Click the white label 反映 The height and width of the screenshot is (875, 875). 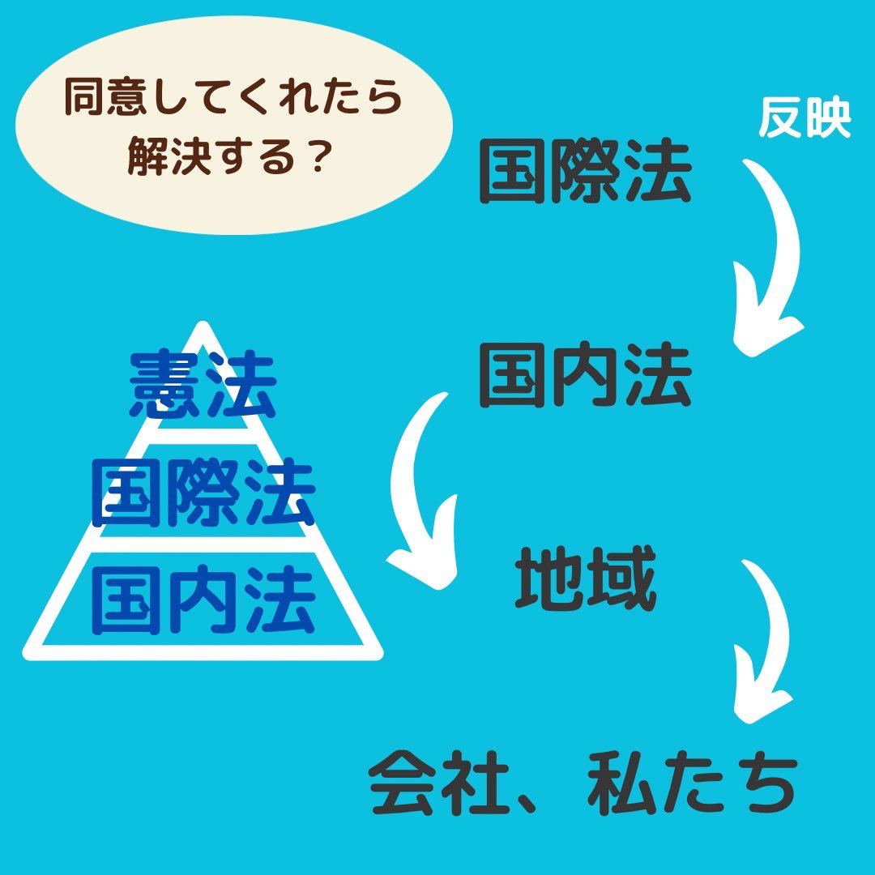(805, 117)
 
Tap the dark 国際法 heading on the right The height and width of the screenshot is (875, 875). (586, 171)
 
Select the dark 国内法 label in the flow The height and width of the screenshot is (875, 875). (586, 375)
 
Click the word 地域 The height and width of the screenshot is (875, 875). (586, 578)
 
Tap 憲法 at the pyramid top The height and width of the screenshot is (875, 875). (203, 385)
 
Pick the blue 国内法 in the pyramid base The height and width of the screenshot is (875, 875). (203, 600)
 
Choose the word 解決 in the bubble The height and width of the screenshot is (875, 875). (164, 156)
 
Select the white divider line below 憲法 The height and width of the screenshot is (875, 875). (203, 437)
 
